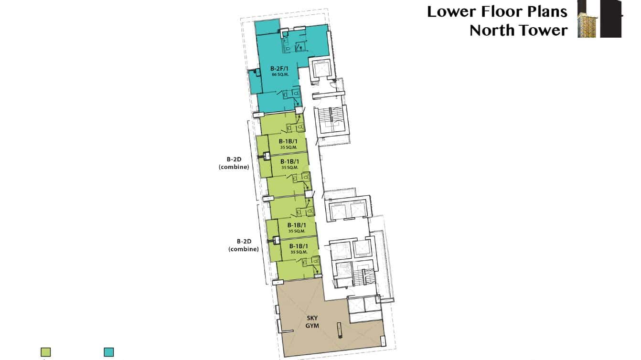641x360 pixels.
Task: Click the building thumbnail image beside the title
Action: tap(599, 19)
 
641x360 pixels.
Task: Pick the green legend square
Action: tap(45, 352)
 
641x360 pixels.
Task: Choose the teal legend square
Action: tap(109, 352)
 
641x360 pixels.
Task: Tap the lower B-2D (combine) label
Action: tap(244, 245)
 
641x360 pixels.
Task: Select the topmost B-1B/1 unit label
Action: tap(289, 141)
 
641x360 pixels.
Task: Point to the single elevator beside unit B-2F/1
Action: tap(321, 70)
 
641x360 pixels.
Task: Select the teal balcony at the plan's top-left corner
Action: tap(267, 28)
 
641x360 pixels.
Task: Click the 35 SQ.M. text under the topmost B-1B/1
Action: tap(289, 147)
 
